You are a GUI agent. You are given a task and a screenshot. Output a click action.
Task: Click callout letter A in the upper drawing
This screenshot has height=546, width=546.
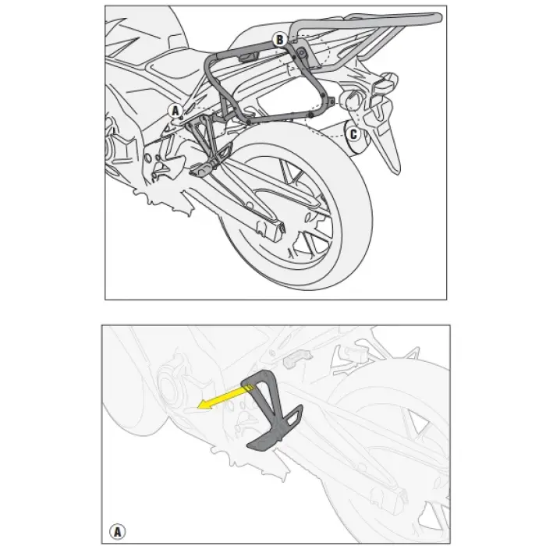point(175,111)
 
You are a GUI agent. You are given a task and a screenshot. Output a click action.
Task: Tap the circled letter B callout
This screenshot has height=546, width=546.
point(278,39)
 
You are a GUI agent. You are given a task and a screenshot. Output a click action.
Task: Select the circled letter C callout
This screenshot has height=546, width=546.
point(353,134)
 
